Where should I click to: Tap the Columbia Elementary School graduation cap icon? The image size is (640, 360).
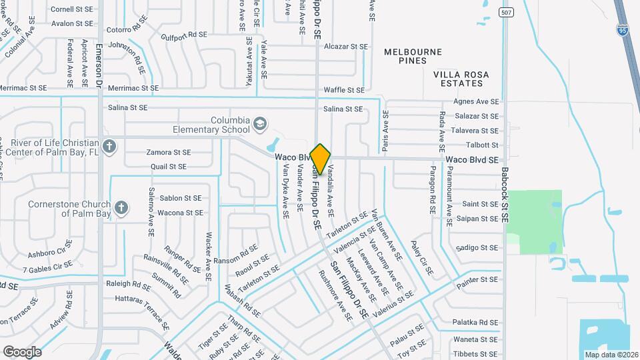click(x=259, y=124)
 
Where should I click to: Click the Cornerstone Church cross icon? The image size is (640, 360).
click(x=121, y=208)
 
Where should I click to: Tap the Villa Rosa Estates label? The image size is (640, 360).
click(x=457, y=79)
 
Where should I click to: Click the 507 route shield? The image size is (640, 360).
click(x=507, y=12)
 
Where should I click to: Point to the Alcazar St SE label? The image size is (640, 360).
click(x=345, y=47)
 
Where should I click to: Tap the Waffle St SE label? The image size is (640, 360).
click(x=344, y=90)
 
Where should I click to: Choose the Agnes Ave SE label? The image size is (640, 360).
click(x=475, y=101)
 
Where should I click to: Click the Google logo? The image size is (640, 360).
click(x=22, y=351)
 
